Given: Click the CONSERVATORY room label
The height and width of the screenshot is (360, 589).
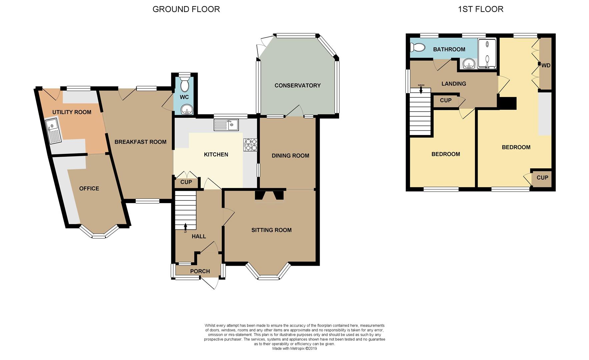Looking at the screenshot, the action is pyautogui.click(x=297, y=85).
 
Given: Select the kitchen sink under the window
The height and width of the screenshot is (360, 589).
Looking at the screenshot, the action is pyautogui.click(x=226, y=125).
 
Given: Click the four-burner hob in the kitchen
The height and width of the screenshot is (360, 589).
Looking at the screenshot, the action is pyautogui.click(x=250, y=145).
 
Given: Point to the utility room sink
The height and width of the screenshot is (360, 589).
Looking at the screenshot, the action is pyautogui.click(x=53, y=131).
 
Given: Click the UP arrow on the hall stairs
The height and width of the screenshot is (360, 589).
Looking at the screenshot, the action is pyautogui.click(x=185, y=227).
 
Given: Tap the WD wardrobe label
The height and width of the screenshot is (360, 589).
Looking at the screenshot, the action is pyautogui.click(x=546, y=65).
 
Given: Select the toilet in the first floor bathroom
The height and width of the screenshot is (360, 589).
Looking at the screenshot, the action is pyautogui.click(x=417, y=48).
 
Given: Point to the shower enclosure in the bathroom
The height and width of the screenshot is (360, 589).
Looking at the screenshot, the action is pyautogui.click(x=487, y=54).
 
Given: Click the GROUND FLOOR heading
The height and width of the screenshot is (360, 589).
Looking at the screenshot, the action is pyautogui.click(x=186, y=9).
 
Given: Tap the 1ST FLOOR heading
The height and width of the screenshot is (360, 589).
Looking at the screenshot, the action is pyautogui.click(x=481, y=9).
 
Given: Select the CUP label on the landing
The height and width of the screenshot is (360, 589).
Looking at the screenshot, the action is pyautogui.click(x=446, y=100).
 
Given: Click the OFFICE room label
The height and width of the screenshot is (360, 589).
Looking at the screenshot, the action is pyautogui.click(x=89, y=188).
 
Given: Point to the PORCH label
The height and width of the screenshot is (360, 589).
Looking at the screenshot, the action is pyautogui.click(x=200, y=271).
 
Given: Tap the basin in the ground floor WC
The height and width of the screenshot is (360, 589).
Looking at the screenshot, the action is pyautogui.click(x=185, y=110).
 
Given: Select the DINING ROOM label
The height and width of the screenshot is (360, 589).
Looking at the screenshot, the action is pyautogui.click(x=290, y=156).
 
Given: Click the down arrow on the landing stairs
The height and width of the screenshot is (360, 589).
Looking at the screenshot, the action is pyautogui.click(x=421, y=90).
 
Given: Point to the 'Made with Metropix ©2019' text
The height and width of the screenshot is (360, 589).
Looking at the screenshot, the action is pyautogui.click(x=295, y=349).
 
